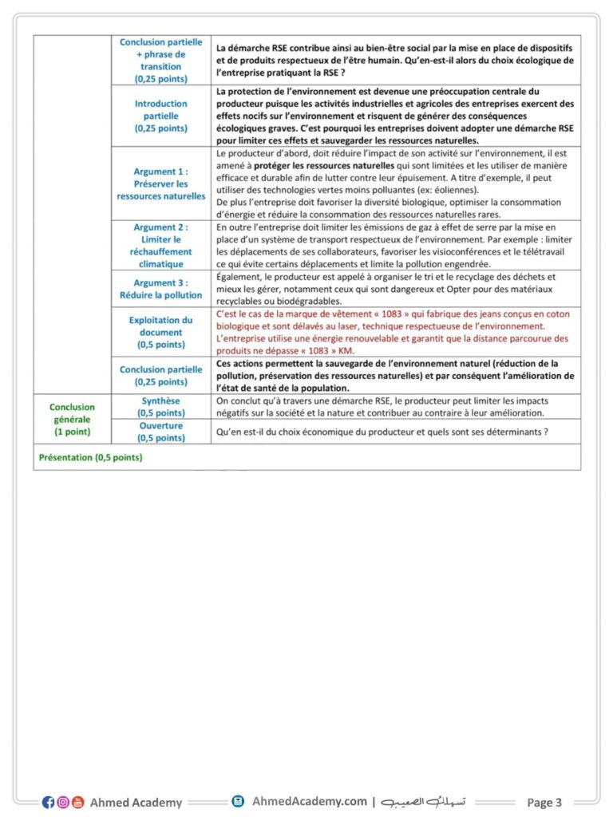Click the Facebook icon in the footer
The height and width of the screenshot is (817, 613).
(x=48, y=802)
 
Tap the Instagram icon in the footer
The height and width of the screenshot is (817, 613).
(x=63, y=802)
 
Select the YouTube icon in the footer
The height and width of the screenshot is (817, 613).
(x=77, y=802)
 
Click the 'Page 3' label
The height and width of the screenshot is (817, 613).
(x=544, y=802)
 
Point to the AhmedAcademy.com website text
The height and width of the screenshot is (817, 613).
(x=310, y=801)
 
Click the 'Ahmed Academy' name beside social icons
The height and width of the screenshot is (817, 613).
(x=136, y=802)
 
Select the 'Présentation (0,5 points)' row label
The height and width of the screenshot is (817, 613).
(x=90, y=457)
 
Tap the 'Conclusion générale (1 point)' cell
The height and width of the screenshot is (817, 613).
(x=72, y=419)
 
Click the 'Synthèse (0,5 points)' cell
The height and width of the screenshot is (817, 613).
(x=160, y=407)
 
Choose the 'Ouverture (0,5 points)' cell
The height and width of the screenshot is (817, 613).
(x=160, y=432)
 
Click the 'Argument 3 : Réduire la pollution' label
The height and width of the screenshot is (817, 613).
(x=160, y=289)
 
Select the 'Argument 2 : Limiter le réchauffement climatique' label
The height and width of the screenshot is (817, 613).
(x=160, y=245)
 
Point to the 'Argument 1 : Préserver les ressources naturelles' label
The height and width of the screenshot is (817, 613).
(x=160, y=184)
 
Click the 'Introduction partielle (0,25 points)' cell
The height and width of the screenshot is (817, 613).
(x=160, y=115)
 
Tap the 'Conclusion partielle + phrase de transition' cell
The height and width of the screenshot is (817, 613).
(x=160, y=60)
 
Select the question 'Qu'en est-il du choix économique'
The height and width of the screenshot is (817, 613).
(x=382, y=432)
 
